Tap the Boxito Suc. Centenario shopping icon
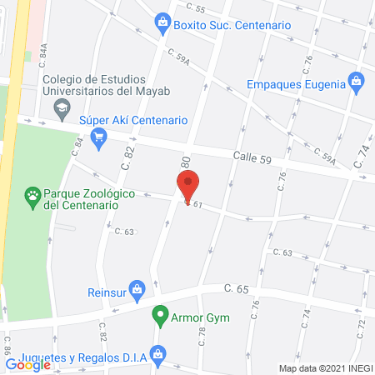(162, 25)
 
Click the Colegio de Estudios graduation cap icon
(61, 107)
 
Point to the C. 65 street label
(237, 288)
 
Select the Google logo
(28, 364)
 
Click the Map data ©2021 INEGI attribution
(324, 368)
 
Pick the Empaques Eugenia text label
(295, 83)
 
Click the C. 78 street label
(202, 336)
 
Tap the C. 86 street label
(7, 343)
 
